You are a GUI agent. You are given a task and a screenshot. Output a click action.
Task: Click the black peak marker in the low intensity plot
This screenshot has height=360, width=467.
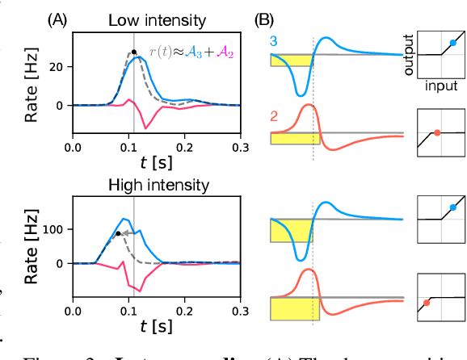(x=133, y=53)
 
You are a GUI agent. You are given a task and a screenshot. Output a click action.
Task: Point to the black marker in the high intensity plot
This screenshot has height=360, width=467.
(x=118, y=233)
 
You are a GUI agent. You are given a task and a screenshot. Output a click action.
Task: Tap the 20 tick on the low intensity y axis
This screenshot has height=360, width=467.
(x=60, y=67)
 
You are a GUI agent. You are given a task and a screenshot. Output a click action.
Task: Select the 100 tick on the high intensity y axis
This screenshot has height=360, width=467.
(x=57, y=229)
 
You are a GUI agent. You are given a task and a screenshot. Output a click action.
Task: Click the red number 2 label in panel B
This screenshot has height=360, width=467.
(x=275, y=116)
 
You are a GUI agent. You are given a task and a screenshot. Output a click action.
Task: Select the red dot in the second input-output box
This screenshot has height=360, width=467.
(x=437, y=132)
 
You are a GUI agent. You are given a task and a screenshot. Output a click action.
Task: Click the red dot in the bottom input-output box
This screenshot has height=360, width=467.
(x=426, y=303)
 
